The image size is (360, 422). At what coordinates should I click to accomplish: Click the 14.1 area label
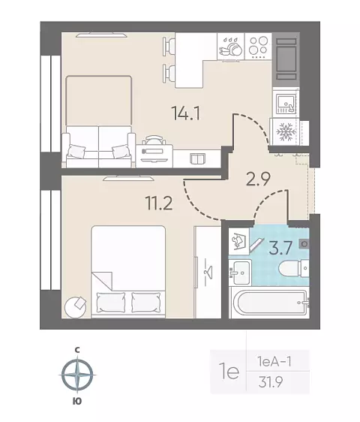coord(186,114)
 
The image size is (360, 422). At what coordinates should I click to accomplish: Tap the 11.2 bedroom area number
coord(159,203)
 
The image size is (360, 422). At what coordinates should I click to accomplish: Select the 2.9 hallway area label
coord(258,178)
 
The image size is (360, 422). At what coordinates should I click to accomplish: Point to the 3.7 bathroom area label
coord(280,248)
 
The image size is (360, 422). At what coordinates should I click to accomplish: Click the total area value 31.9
coord(271,381)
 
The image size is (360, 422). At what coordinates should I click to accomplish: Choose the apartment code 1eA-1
coord(274,362)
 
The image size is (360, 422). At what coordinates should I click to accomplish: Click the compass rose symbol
coord(77,375)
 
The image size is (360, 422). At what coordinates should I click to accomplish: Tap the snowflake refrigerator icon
coord(286,132)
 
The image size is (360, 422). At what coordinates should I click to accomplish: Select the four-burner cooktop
coord(258,47)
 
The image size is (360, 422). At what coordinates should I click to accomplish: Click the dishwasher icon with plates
coord(231,47)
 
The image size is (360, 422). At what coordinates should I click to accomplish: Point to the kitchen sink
coord(286,103)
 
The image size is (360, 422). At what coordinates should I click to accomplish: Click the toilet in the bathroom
coord(294,268)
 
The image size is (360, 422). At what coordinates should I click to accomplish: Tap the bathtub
coord(271,303)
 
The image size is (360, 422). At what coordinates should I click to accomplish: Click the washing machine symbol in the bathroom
coord(238,242)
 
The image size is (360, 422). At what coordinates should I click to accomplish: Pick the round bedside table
coord(76,307)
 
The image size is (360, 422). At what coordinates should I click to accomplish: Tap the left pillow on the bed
coord(111,303)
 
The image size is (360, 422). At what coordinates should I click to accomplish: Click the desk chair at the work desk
coord(154,140)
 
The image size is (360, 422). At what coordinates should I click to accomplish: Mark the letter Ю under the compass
coord(77,402)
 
